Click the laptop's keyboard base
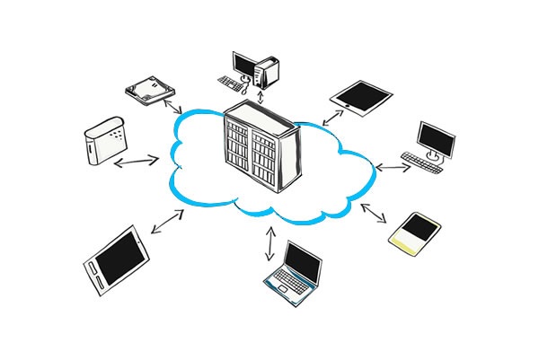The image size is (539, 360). pos(287,285)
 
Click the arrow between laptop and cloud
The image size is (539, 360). pos(272,241)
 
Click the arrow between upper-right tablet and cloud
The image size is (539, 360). pos(334,116)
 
